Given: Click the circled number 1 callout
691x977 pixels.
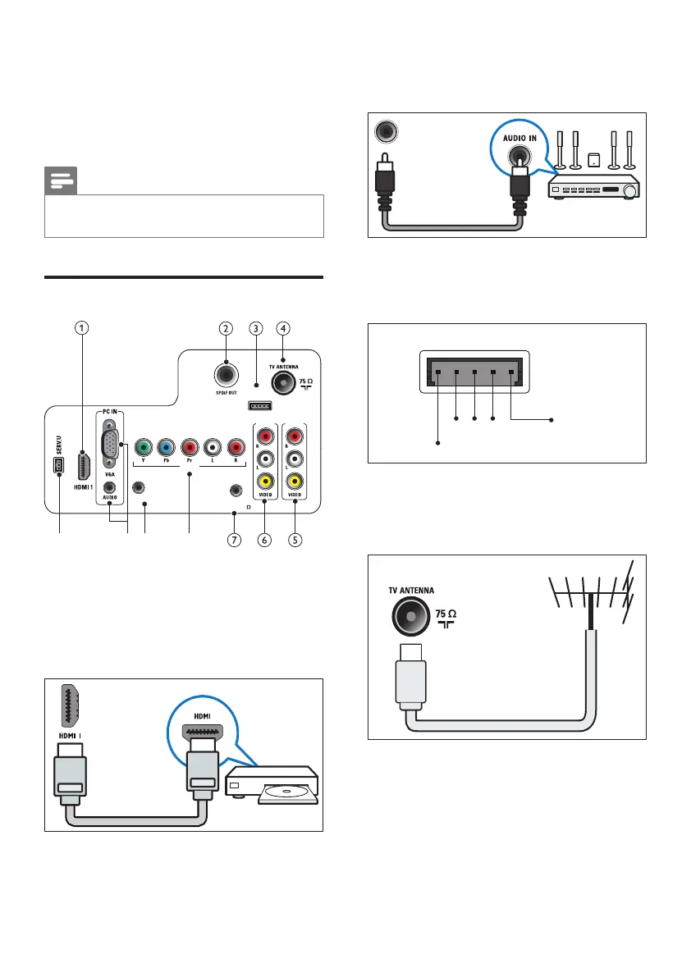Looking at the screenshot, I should tap(81, 328).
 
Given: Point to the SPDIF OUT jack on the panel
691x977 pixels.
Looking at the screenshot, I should tap(226, 375).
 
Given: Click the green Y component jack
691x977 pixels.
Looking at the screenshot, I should tap(143, 448).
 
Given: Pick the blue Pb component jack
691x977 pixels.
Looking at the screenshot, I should tap(166, 448).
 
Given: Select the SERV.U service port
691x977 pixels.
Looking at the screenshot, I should tap(60, 466).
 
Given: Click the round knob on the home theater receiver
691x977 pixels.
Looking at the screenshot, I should tap(629, 193).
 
